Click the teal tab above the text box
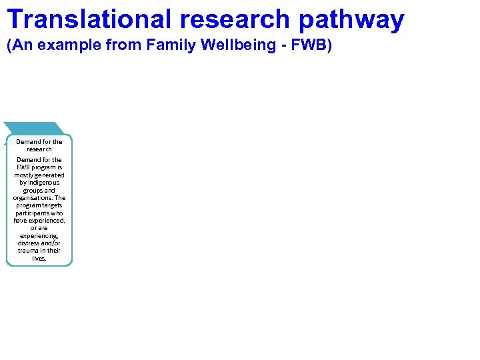click(33, 128)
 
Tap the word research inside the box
click(39, 149)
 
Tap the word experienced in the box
click(47, 221)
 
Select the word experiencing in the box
click(39, 236)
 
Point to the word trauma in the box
click(29, 251)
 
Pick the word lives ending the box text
click(39, 259)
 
